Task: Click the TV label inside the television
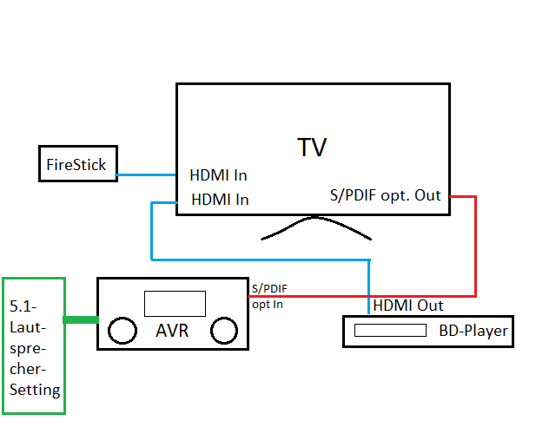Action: [x=313, y=147]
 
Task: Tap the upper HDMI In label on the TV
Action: [x=219, y=175]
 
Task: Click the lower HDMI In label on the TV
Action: [x=219, y=199]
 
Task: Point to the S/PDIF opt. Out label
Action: [x=386, y=195]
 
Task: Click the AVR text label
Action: [x=174, y=331]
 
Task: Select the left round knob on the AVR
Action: [x=122, y=331]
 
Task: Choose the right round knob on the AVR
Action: [x=224, y=331]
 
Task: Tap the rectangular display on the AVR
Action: [x=174, y=303]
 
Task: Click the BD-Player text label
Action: [x=473, y=331]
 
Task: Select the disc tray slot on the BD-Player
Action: [x=390, y=331]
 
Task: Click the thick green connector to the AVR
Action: [x=81, y=320]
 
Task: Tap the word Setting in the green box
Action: [x=35, y=390]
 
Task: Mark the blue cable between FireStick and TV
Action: [x=148, y=175]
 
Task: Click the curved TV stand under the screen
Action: [x=317, y=229]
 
